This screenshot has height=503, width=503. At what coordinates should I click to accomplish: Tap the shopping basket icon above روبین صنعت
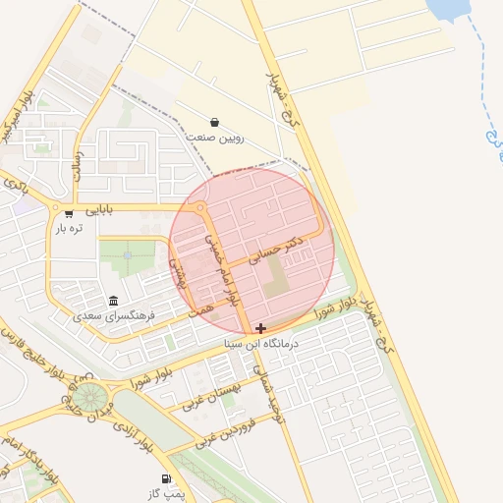click(215, 122)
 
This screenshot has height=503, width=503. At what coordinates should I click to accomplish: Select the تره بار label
click(69, 228)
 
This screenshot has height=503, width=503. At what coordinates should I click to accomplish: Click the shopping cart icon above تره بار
click(69, 212)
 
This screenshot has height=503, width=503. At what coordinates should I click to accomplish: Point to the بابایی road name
click(98, 209)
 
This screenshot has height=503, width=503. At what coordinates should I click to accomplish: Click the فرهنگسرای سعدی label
click(113, 317)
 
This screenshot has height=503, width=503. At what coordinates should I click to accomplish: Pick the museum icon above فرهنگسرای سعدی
click(113, 301)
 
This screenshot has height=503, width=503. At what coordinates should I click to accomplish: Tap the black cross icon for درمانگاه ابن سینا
click(259, 328)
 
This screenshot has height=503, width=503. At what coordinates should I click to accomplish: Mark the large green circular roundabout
click(91, 398)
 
